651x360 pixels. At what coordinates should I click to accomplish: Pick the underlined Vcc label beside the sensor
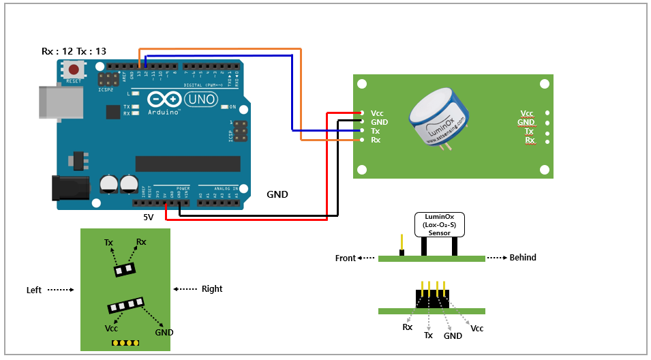point(527,113)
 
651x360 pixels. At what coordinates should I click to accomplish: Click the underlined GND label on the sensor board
point(527,122)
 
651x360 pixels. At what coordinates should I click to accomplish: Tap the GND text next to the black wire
point(277,194)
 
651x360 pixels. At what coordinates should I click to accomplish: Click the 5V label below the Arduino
point(148,217)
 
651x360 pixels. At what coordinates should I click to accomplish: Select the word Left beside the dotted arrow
point(33,290)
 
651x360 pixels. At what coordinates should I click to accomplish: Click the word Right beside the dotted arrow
point(212,289)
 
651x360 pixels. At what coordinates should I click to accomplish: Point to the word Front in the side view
point(345,258)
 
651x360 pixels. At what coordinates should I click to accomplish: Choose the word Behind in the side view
point(523,258)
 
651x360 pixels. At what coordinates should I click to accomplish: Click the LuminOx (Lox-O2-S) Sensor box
point(439,224)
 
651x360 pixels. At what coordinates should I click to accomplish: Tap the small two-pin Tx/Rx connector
point(124,270)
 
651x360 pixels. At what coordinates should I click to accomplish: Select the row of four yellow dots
point(125,342)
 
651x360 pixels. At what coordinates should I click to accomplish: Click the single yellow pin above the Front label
point(402,242)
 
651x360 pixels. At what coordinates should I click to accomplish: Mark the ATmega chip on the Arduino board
point(187,164)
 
